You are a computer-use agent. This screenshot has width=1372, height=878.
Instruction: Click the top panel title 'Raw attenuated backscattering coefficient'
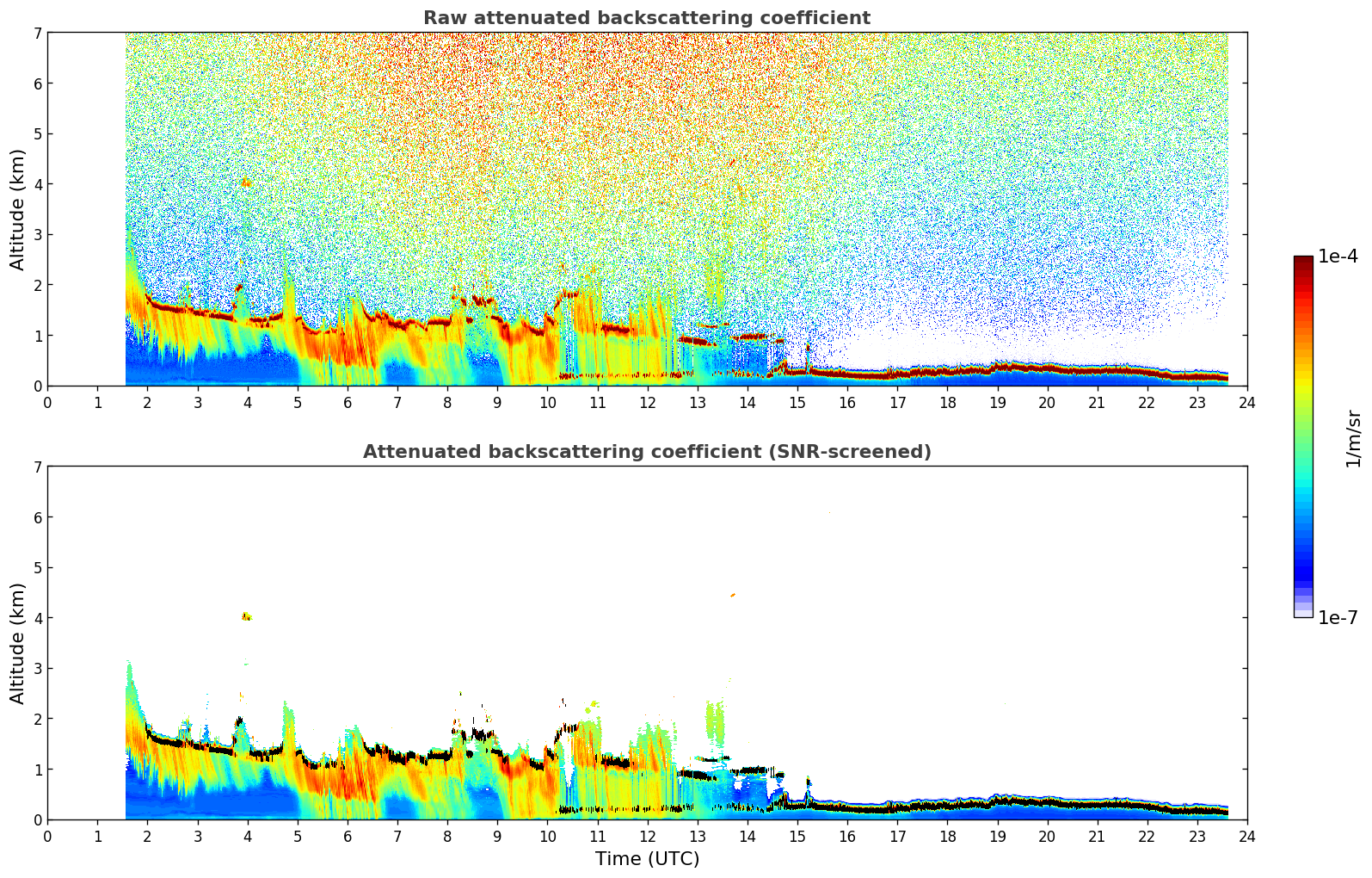[x=646, y=18]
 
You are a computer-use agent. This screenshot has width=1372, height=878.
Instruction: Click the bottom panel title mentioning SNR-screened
[x=646, y=452]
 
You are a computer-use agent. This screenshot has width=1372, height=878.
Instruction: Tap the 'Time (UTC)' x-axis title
[x=647, y=859]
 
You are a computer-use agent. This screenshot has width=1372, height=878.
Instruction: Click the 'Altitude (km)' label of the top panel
[x=18, y=209]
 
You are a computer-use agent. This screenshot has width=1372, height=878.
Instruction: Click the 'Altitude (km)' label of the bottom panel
[x=18, y=643]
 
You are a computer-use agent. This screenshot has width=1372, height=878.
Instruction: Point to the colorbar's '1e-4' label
[x=1338, y=257]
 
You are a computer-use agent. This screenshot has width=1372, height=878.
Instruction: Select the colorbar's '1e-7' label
[x=1338, y=617]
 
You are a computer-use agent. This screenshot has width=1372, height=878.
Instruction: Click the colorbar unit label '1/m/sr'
[x=1353, y=437]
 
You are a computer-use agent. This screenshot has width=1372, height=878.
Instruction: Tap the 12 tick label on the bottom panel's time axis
[x=647, y=837]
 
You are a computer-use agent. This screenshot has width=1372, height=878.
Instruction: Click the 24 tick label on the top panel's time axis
[x=1246, y=403]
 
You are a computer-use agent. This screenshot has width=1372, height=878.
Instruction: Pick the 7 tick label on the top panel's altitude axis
[x=37, y=34]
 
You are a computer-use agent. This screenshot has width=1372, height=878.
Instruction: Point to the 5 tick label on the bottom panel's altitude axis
[x=37, y=568]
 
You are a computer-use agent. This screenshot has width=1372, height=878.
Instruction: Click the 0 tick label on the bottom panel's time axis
[x=47, y=837]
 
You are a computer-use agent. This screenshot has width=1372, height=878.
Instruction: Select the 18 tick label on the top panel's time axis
[x=947, y=403]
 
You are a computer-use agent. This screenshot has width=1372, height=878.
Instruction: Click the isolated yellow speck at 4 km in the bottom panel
[x=247, y=616]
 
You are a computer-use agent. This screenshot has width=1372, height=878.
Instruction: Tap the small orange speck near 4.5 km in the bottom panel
[x=733, y=595]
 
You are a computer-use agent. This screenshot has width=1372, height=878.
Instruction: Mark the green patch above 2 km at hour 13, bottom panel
[x=715, y=720]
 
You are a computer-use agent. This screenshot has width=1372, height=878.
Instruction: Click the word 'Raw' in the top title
[x=441, y=18]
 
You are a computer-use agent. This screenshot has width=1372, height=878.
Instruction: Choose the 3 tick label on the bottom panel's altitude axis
[x=37, y=669]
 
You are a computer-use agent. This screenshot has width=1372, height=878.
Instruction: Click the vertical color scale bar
[x=1302, y=436]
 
